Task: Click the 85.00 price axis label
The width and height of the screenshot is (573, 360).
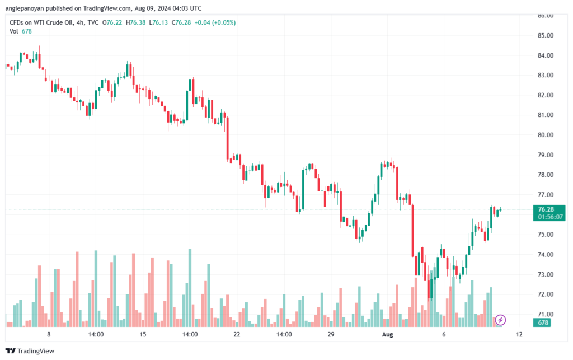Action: tap(545, 35)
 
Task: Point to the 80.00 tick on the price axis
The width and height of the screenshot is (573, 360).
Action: tap(545, 135)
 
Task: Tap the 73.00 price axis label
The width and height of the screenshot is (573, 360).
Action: tap(545, 274)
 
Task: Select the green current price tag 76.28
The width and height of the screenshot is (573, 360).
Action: tap(546, 209)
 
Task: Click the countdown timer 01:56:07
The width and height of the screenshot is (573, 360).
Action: tap(550, 217)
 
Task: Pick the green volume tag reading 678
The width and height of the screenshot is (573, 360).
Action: tap(543, 322)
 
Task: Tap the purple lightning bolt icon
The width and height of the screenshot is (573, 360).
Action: tap(500, 320)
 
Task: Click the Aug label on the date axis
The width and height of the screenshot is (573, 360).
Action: tap(387, 334)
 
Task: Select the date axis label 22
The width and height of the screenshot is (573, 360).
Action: tap(237, 334)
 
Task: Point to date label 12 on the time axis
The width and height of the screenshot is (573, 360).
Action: tap(519, 334)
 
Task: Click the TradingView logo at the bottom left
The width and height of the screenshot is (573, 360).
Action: tap(30, 351)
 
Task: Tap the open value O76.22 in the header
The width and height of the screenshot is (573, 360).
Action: tap(112, 22)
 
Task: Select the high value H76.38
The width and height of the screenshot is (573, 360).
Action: tap(135, 22)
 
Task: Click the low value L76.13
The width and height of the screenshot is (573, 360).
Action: tap(158, 22)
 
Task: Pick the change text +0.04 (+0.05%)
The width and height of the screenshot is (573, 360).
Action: tap(215, 22)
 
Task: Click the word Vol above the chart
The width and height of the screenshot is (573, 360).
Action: tap(14, 31)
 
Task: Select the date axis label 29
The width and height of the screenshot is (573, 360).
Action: tap(331, 334)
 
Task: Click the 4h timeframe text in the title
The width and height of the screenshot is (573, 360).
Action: tap(80, 22)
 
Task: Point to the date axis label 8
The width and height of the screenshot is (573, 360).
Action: tap(49, 334)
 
